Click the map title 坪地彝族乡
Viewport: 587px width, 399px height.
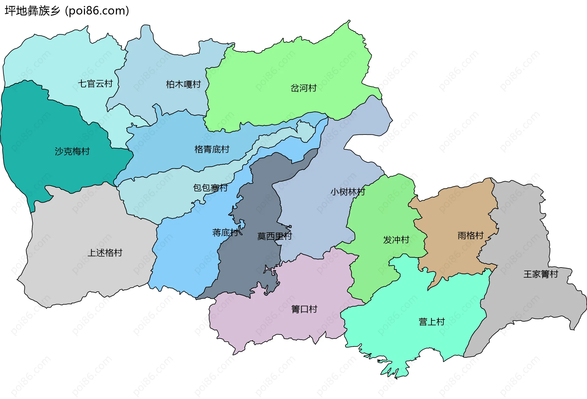pyautogui.click(x=32, y=11)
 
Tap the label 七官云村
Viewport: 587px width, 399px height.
pyautogui.click(x=95, y=83)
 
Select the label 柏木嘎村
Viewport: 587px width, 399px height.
pyautogui.click(x=183, y=84)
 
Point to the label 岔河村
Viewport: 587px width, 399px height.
pyautogui.click(x=303, y=88)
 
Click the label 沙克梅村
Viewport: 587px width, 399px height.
pyautogui.click(x=72, y=151)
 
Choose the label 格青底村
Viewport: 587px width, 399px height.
pyautogui.click(x=212, y=150)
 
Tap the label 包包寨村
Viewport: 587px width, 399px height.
pyautogui.click(x=210, y=188)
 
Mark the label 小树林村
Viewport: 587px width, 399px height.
pyautogui.click(x=348, y=192)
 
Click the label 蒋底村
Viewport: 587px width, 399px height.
pyautogui.click(x=225, y=233)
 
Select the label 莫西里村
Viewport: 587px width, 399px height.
pyautogui.click(x=275, y=236)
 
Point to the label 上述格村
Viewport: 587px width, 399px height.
pyautogui.click(x=105, y=253)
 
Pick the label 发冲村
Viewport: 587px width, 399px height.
pyautogui.click(x=396, y=240)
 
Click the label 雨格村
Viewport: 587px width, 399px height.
pyautogui.click(x=471, y=235)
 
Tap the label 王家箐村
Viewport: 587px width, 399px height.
pyautogui.click(x=541, y=274)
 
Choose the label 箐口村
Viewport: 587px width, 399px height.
pyautogui.click(x=304, y=309)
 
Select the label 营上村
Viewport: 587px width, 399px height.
pyautogui.click(x=431, y=322)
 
